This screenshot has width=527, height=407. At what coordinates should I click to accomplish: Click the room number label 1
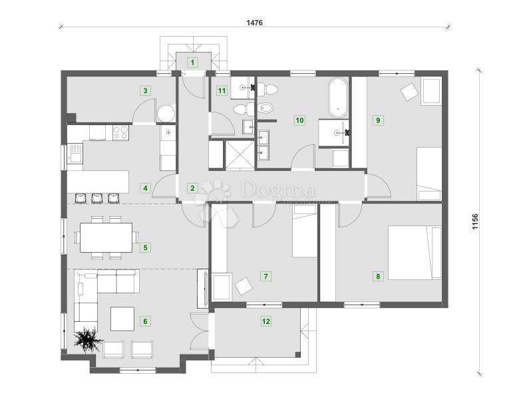pyautogui.click(x=192, y=63)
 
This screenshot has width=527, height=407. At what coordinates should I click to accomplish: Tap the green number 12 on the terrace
pyautogui.click(x=266, y=321)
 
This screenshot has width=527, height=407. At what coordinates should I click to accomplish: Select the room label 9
pyautogui.click(x=378, y=120)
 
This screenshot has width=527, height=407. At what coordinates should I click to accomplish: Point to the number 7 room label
pyautogui.click(x=265, y=275)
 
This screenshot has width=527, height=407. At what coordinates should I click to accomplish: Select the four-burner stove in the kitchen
pyautogui.click(x=120, y=132)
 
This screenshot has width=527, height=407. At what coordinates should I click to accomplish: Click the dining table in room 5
pyautogui.click(x=106, y=237)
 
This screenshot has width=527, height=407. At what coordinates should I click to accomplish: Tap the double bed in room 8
pyautogui.click(x=415, y=253)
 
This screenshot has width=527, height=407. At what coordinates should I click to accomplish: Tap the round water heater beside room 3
pyautogui.click(x=165, y=113)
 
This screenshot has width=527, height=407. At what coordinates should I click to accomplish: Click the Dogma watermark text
pyautogui.click(x=273, y=190)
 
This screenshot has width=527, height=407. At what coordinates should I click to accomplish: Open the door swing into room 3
pyautogui.click(x=143, y=113)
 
